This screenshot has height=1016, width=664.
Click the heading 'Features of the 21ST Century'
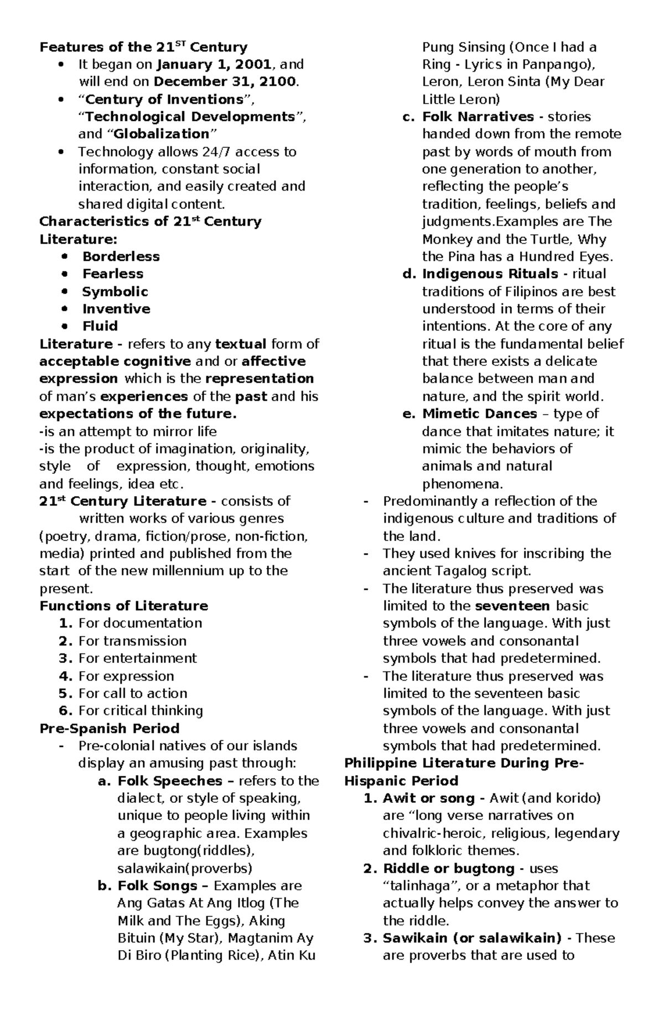pos(143,47)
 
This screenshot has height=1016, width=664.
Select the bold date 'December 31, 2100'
pos(225,82)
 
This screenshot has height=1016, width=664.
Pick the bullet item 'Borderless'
pos(121,256)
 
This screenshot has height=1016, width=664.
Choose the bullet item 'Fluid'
pos(100,326)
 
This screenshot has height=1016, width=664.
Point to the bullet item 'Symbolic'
pos(115,291)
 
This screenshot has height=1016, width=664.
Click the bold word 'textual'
pos(241,344)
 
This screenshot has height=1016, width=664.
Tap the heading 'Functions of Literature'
pos(123,606)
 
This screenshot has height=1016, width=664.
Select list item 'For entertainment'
pos(137,658)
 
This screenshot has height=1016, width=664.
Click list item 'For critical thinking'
pos(141,710)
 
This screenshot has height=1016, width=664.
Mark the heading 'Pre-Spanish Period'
pos(110,728)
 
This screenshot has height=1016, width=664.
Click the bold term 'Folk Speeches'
pos(170,781)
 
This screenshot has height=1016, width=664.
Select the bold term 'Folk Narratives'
pos(478,117)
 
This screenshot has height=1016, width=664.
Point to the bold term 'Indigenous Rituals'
pos(490,274)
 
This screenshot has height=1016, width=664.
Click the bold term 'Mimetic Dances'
pos(479,414)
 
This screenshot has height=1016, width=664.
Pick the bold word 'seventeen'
pos(512,606)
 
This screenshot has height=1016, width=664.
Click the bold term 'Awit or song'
pos(428,798)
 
